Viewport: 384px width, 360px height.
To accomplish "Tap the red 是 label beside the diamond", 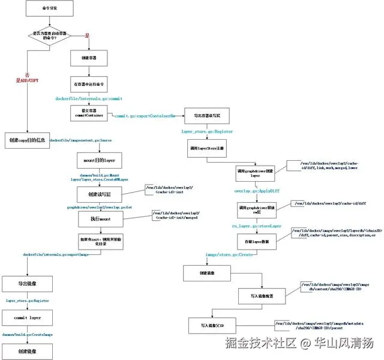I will (87, 36).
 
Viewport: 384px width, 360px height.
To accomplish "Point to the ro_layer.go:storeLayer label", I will (257, 226).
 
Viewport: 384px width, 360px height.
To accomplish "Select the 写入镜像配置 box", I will (262, 296).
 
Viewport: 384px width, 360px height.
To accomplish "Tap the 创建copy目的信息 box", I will (27, 140).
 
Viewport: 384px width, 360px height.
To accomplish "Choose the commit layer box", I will (27, 316).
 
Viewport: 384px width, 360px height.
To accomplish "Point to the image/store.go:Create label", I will (229, 254).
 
